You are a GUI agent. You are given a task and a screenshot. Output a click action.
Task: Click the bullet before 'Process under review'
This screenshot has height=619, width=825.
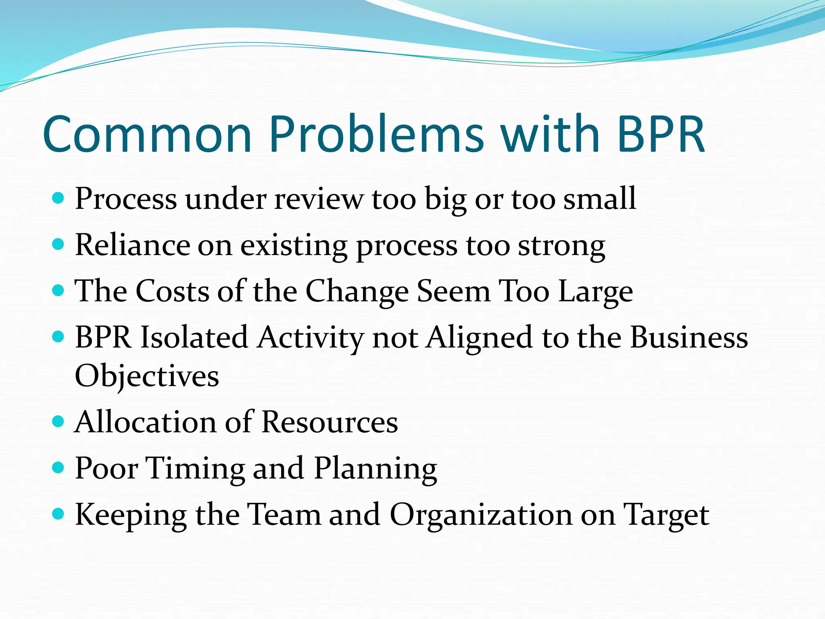(58, 198)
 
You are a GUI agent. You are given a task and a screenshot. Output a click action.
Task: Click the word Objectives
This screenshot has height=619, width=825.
(147, 376)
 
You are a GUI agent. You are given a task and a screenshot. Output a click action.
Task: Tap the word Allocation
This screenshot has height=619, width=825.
(145, 422)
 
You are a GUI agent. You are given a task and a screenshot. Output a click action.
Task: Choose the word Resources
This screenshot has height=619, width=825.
(330, 422)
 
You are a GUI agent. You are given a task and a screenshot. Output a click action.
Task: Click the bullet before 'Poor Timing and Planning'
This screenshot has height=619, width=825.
(58, 467)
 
